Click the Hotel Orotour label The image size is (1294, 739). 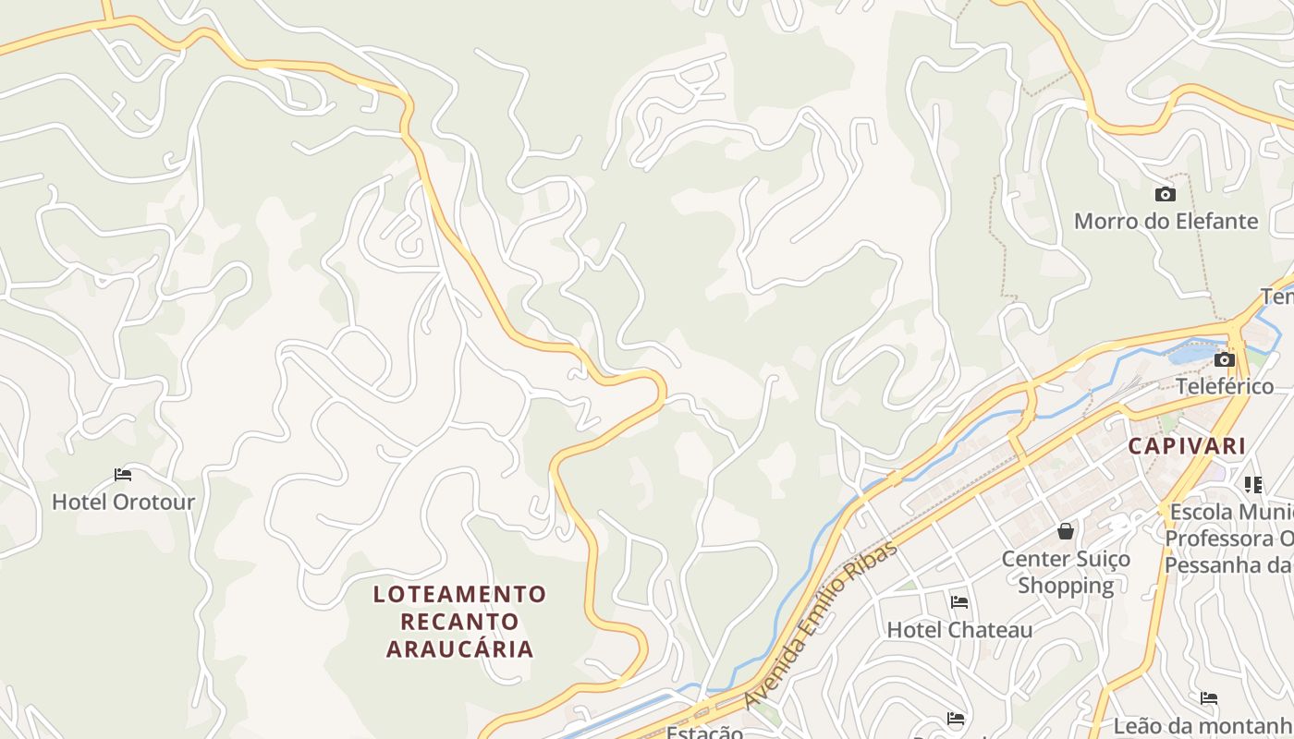click(123, 503)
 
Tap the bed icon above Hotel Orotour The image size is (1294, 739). click(123, 475)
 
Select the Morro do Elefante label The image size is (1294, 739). click(1166, 222)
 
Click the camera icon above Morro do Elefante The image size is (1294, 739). click(1166, 194)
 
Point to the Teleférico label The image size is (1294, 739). click(1225, 386)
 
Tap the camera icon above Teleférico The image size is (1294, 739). click(1225, 359)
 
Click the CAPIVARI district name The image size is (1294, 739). click(1187, 446)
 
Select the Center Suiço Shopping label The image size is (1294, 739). click(1066, 572)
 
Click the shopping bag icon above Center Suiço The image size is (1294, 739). click(1066, 531)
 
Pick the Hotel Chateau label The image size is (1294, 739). click(959, 630)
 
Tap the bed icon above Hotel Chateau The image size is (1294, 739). click(959, 602)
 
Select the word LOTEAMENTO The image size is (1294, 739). click(459, 594)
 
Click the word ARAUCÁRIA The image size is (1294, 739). click(459, 648)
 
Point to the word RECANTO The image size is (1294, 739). click(459, 621)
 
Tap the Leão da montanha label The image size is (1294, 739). click(1202, 726)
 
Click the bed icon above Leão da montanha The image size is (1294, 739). click(1209, 698)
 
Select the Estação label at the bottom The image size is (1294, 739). click(704, 733)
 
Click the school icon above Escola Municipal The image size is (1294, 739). click(1253, 484)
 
